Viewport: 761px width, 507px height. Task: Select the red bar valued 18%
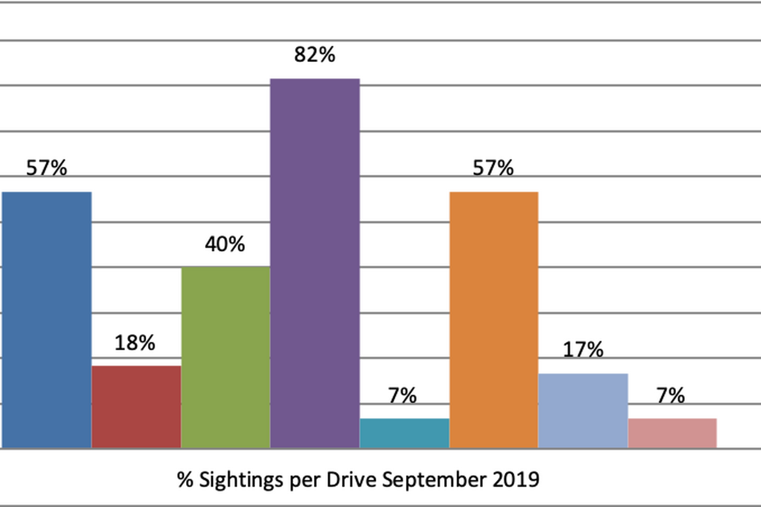pos(136,407)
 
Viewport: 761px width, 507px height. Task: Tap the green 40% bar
pos(225,357)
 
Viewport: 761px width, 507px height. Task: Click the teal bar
pos(404,433)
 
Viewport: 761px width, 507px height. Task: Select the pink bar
pos(672,433)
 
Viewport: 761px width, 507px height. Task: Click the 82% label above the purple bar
pos(315,55)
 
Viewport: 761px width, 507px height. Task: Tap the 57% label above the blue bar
pos(46,168)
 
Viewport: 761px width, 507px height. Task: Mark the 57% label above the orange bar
pos(493,168)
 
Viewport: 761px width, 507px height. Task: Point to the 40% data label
pos(225,244)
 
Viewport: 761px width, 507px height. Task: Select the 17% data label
pos(583,349)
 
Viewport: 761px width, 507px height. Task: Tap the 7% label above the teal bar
pos(404,395)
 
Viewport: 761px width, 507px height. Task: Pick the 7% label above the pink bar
pos(671,395)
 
